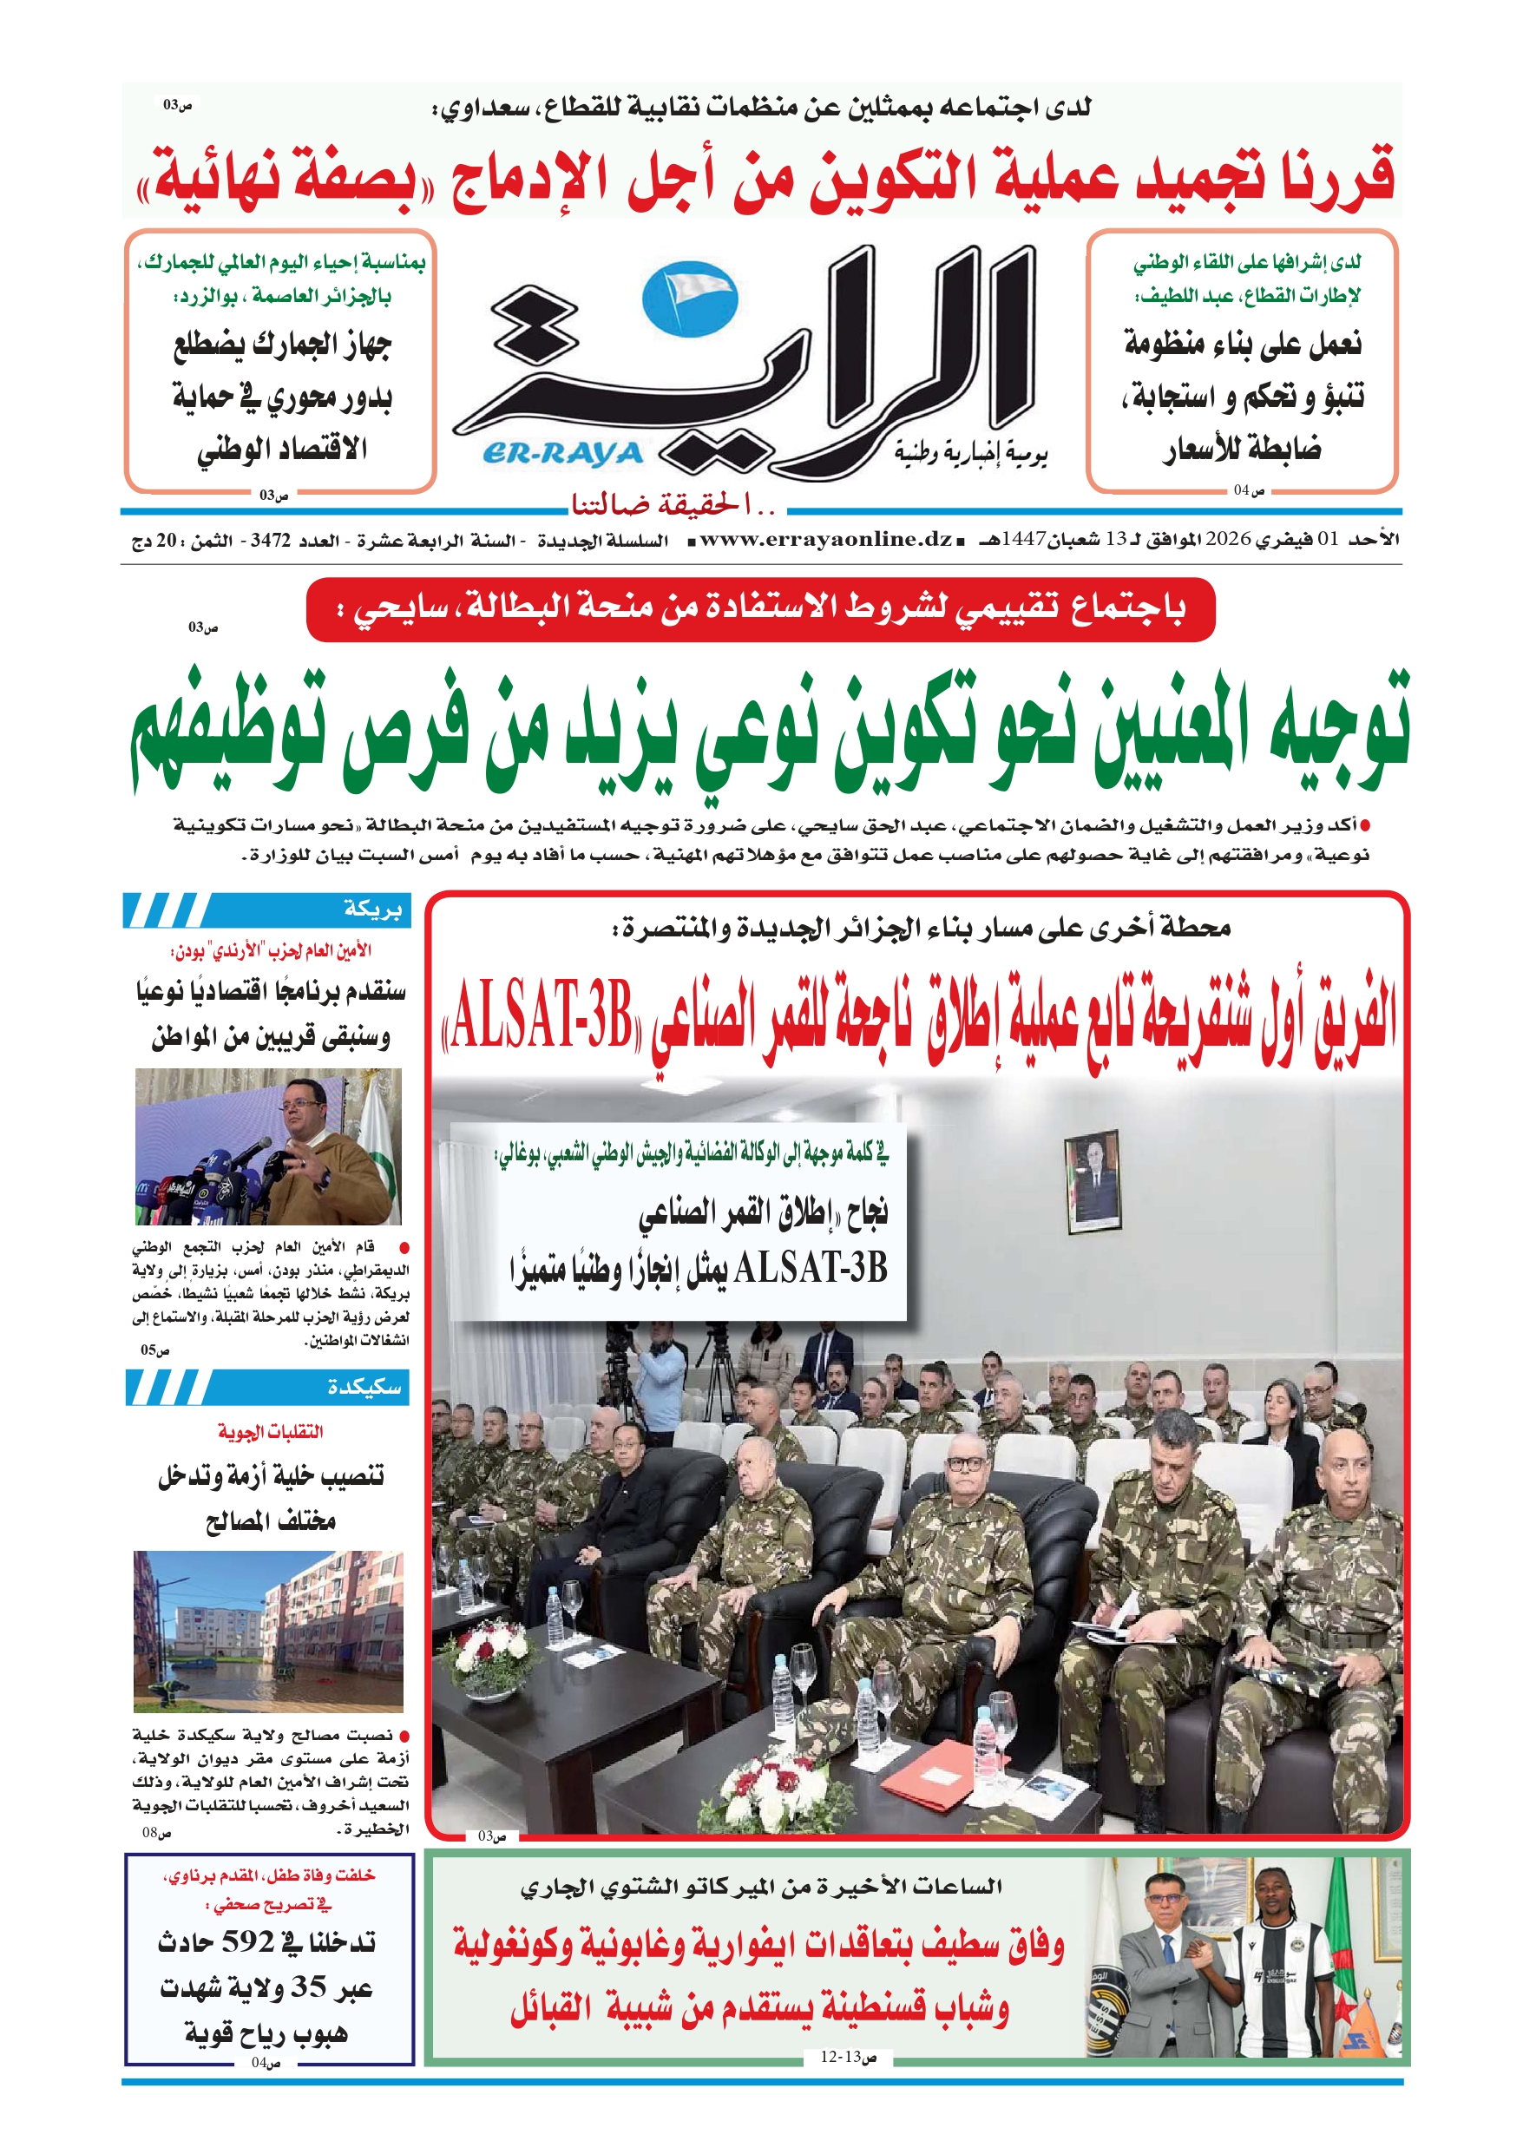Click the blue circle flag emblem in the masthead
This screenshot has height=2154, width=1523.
[x=690, y=300]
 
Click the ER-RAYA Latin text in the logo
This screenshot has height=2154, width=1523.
[x=563, y=454]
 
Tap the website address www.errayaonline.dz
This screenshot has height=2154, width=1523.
[x=826, y=540]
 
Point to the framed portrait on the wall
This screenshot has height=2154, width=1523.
[x=1093, y=1180]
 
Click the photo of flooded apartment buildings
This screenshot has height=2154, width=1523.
[x=268, y=1631]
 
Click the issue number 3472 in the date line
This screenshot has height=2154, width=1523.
[x=270, y=542]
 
